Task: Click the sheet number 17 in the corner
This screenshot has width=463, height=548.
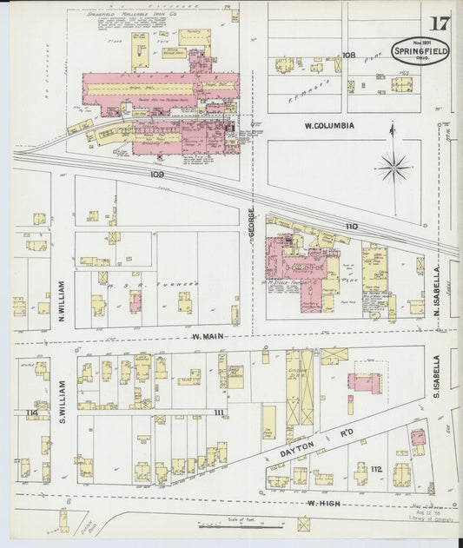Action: click(440, 23)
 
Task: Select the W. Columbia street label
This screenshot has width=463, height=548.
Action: click(329, 126)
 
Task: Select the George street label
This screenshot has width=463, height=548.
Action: click(252, 223)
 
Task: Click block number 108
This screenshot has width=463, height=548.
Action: click(349, 55)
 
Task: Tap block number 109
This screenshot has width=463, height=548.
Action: click(156, 175)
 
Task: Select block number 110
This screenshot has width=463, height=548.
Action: click(351, 227)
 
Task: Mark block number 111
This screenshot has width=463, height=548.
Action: click(218, 412)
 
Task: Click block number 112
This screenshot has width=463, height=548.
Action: click(376, 470)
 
